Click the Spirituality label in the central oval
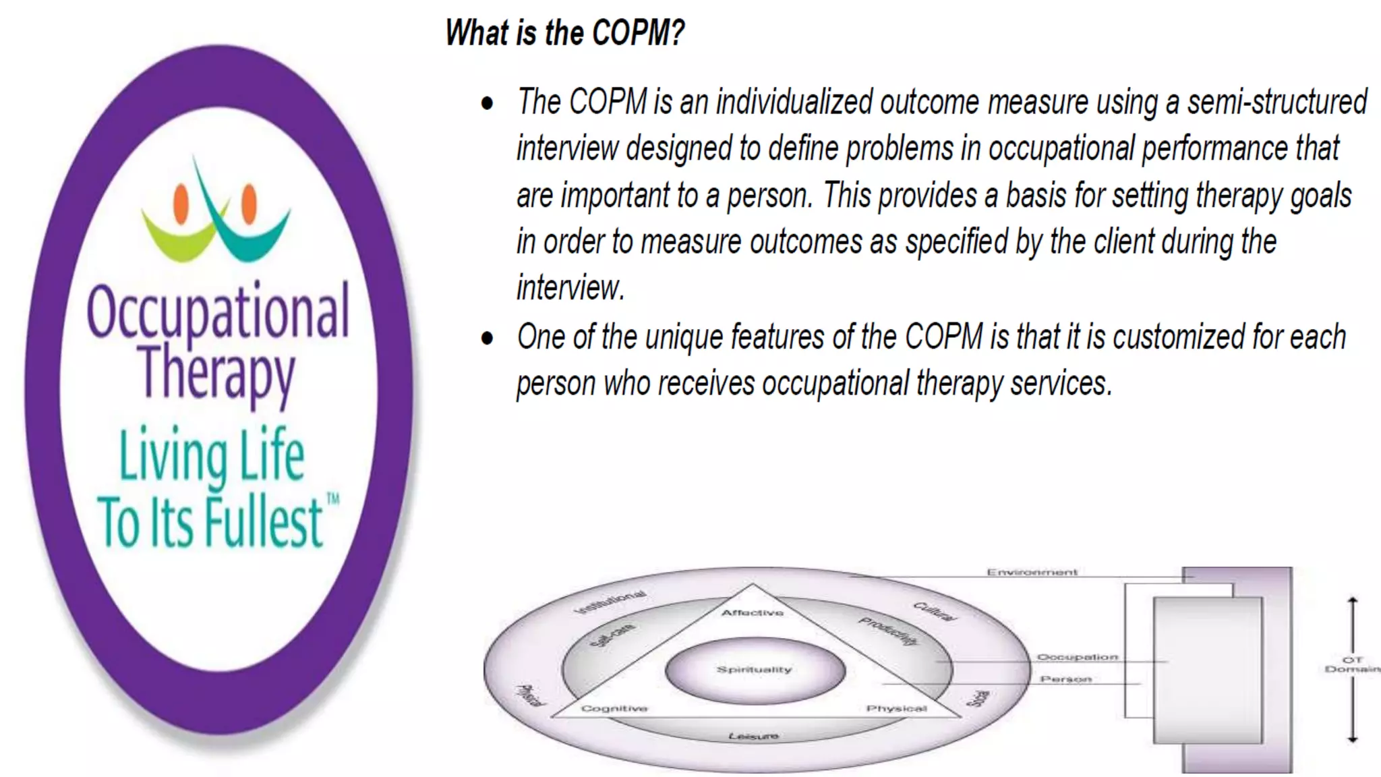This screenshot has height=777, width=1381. [754, 670]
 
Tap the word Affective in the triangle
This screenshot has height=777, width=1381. [753, 612]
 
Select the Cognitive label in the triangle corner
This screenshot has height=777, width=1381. [614, 708]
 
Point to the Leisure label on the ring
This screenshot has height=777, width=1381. [753, 736]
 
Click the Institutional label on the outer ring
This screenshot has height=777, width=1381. [610, 602]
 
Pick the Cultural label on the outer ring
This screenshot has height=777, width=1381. [934, 611]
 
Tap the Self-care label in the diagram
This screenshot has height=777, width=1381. [612, 635]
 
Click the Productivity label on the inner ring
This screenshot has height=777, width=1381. [888, 631]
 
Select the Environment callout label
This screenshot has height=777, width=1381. [1032, 573]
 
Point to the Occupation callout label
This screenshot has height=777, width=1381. [1077, 657]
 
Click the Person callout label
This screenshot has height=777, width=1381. [1065, 679]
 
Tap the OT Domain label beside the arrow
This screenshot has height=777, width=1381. [1352, 664]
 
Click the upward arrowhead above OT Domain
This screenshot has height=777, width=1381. [1352, 600]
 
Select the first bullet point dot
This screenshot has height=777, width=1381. [487, 104]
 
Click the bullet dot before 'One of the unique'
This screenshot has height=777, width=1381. [487, 338]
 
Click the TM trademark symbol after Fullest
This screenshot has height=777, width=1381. [333, 499]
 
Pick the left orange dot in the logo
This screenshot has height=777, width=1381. [181, 203]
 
